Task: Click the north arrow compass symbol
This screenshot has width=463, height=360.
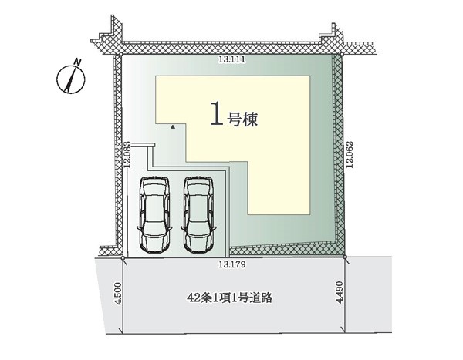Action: tap(70, 79)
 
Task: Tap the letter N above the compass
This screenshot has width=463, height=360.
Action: tap(78, 62)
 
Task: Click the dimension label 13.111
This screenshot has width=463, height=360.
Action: tap(231, 59)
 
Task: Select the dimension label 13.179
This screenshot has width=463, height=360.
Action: tap(231, 264)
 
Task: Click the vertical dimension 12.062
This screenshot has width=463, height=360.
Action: tap(350, 155)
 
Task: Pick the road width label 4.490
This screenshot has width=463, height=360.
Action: tap(340, 292)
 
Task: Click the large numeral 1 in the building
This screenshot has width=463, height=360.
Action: tap(217, 113)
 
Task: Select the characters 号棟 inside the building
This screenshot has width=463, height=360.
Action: tap(242, 119)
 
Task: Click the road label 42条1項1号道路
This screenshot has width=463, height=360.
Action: tap(230, 298)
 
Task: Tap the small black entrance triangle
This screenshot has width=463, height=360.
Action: tap(174, 127)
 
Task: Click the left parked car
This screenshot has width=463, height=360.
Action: tap(154, 214)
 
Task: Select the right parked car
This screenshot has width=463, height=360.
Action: tap(198, 214)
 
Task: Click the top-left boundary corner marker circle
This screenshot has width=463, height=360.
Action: tap(121, 55)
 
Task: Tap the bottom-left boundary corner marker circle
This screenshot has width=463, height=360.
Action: tap(123, 258)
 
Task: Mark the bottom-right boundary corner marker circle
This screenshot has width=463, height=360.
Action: tap(345, 257)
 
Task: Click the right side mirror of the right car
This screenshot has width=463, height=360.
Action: tap(214, 227)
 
